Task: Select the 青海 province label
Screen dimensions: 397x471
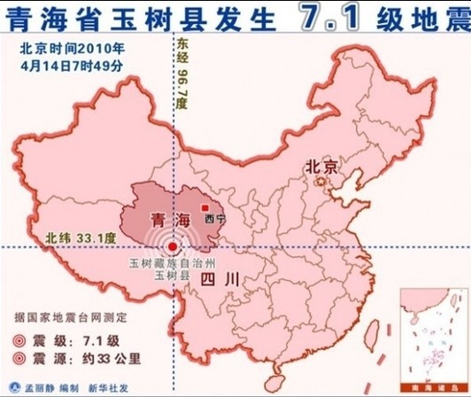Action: pyautogui.click(x=171, y=218)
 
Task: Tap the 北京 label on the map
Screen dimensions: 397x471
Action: pyautogui.click(x=321, y=166)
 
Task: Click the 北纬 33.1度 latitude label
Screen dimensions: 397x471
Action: pyautogui.click(x=81, y=237)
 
